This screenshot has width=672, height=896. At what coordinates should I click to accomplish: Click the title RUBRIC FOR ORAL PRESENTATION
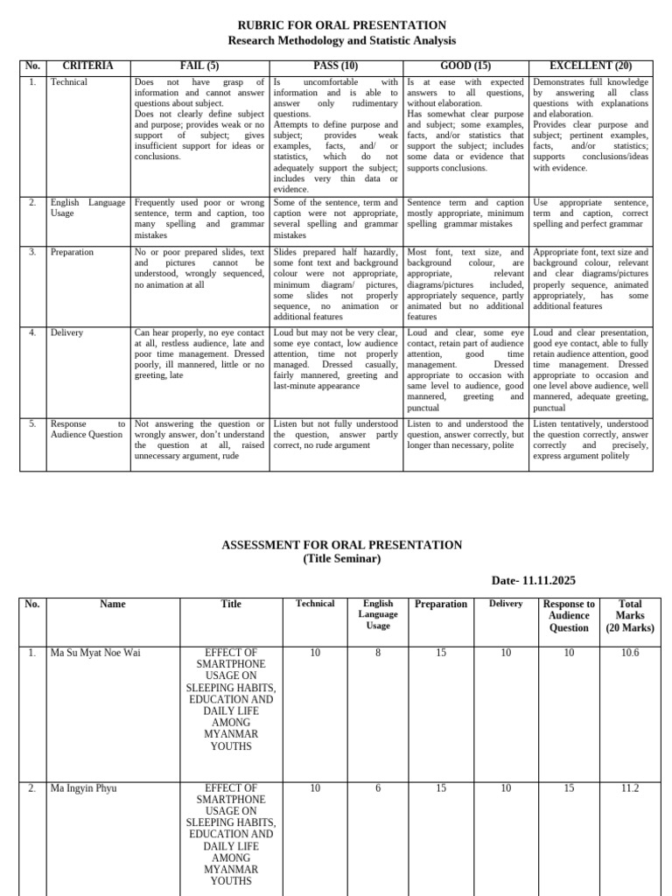341,25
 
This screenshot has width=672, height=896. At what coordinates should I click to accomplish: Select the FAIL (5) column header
199,66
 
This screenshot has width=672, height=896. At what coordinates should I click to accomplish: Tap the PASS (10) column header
335,66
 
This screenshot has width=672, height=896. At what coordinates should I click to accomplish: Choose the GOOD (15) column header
465,66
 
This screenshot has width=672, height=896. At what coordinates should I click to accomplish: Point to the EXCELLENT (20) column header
591,66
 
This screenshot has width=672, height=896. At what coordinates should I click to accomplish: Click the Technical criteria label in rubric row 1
69,82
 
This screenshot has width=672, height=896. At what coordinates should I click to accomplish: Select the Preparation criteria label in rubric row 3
72,252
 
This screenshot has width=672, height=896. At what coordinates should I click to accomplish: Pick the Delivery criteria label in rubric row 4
66,332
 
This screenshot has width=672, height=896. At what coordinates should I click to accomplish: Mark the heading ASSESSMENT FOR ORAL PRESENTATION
341,544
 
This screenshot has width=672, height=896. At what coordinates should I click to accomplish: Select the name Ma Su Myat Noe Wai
95,652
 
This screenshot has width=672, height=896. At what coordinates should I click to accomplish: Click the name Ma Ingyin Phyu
83,787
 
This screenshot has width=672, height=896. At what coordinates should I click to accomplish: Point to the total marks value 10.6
629,652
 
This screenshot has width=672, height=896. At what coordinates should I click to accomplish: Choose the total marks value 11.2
629,787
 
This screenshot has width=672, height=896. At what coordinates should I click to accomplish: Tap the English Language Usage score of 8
378,652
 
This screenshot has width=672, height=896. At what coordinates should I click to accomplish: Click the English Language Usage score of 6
378,787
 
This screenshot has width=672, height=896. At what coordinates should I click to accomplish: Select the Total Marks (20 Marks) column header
629,615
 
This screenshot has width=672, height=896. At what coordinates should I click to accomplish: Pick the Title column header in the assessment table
231,604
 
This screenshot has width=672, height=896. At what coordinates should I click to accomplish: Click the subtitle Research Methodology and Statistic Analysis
341,41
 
